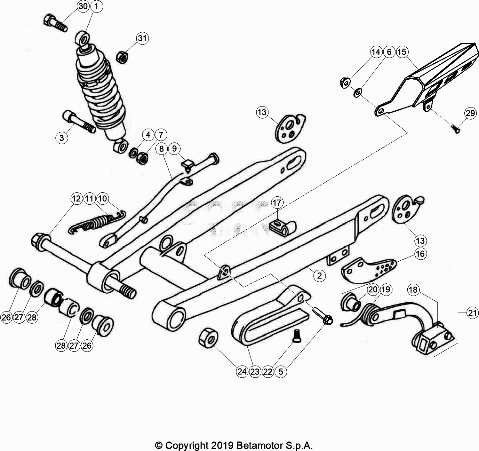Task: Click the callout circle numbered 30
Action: coord(83,6)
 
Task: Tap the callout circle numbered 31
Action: coord(142,38)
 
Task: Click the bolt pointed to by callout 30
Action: coord(55,23)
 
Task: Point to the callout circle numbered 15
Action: coord(402,51)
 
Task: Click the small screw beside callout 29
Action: coord(456,129)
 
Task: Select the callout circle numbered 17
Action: coord(277,202)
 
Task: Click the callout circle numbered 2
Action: coord(319,275)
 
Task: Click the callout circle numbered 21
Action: coord(472,313)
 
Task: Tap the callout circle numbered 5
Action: coord(281,371)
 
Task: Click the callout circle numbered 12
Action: coord(76,199)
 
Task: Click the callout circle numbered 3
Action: coord(62,138)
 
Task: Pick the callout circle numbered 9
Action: coord(174,148)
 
